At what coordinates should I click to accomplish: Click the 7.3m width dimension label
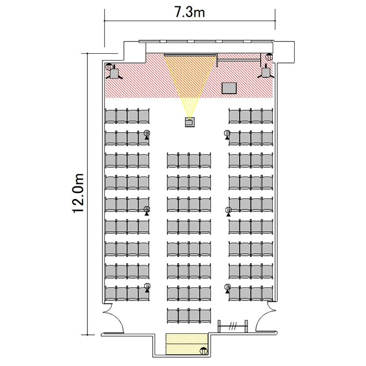coord(190,12)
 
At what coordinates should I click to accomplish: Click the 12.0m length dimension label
coord(78,193)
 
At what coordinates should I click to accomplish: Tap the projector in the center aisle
coord(190,122)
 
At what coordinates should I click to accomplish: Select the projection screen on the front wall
coord(189,55)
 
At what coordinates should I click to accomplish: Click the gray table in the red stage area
coord(229,88)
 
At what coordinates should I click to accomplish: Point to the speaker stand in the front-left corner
coord(114,73)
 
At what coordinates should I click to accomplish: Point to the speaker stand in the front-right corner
coord(266,72)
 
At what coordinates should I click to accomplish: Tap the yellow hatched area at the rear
coord(186,345)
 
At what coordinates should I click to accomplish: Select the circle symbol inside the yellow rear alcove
coord(203,350)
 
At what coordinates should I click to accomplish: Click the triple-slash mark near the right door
coord(232,326)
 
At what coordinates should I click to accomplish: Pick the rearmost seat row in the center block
coord(189,315)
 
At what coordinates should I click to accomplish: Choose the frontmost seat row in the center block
coord(189,161)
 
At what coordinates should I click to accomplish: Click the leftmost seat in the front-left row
coord(111,116)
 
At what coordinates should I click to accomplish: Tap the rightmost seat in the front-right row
coord(267,116)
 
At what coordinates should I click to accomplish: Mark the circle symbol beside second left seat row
coord(147,133)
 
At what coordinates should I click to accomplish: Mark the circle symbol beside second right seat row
coord(227,133)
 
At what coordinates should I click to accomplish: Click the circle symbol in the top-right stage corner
coord(269,57)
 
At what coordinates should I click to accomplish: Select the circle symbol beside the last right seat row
coord(227,287)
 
